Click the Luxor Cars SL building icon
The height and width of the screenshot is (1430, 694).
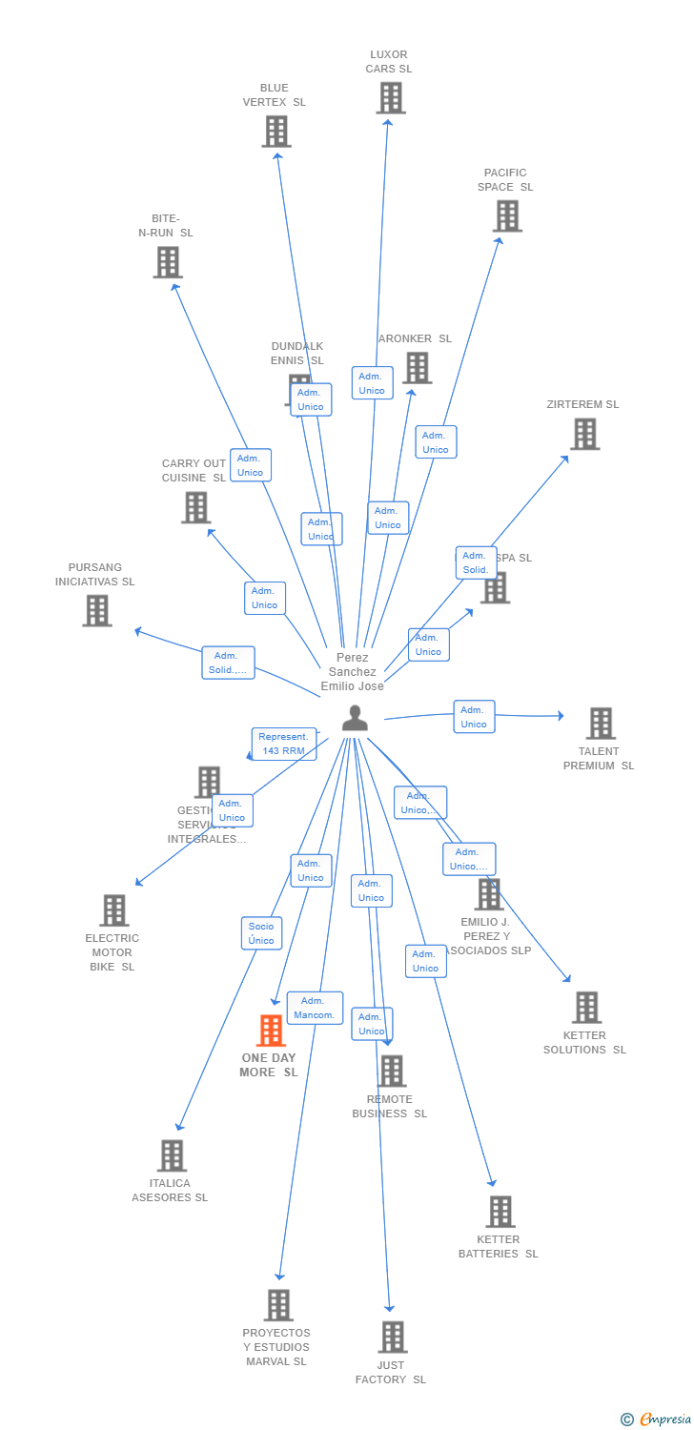tap(390, 98)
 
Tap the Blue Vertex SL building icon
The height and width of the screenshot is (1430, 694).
tap(276, 132)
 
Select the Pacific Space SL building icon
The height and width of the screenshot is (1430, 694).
tap(507, 216)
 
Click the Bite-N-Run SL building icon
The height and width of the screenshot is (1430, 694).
tap(168, 262)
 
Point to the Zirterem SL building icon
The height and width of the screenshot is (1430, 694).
tap(584, 434)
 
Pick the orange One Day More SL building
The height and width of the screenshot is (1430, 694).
tap(272, 1031)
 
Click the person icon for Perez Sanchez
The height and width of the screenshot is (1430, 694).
tap(355, 719)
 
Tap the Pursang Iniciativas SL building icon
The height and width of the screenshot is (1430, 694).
tap(97, 610)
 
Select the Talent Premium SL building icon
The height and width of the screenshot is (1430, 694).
tap(601, 724)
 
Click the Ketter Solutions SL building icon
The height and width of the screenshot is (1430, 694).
tap(586, 1007)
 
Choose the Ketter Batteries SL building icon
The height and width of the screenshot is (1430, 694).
tap(500, 1212)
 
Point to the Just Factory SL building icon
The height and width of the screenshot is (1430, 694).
tap(392, 1337)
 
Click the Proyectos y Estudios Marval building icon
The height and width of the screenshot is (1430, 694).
tap(278, 1305)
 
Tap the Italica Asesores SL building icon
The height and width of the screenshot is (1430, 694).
tap(172, 1155)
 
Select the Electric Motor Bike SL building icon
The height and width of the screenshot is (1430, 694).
tap(114, 910)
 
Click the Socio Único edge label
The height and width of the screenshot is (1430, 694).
tap(261, 933)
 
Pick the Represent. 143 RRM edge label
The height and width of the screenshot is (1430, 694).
tap(284, 744)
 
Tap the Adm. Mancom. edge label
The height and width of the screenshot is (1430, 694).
tap(315, 1008)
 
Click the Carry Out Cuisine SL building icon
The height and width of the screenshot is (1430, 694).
tap(195, 507)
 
